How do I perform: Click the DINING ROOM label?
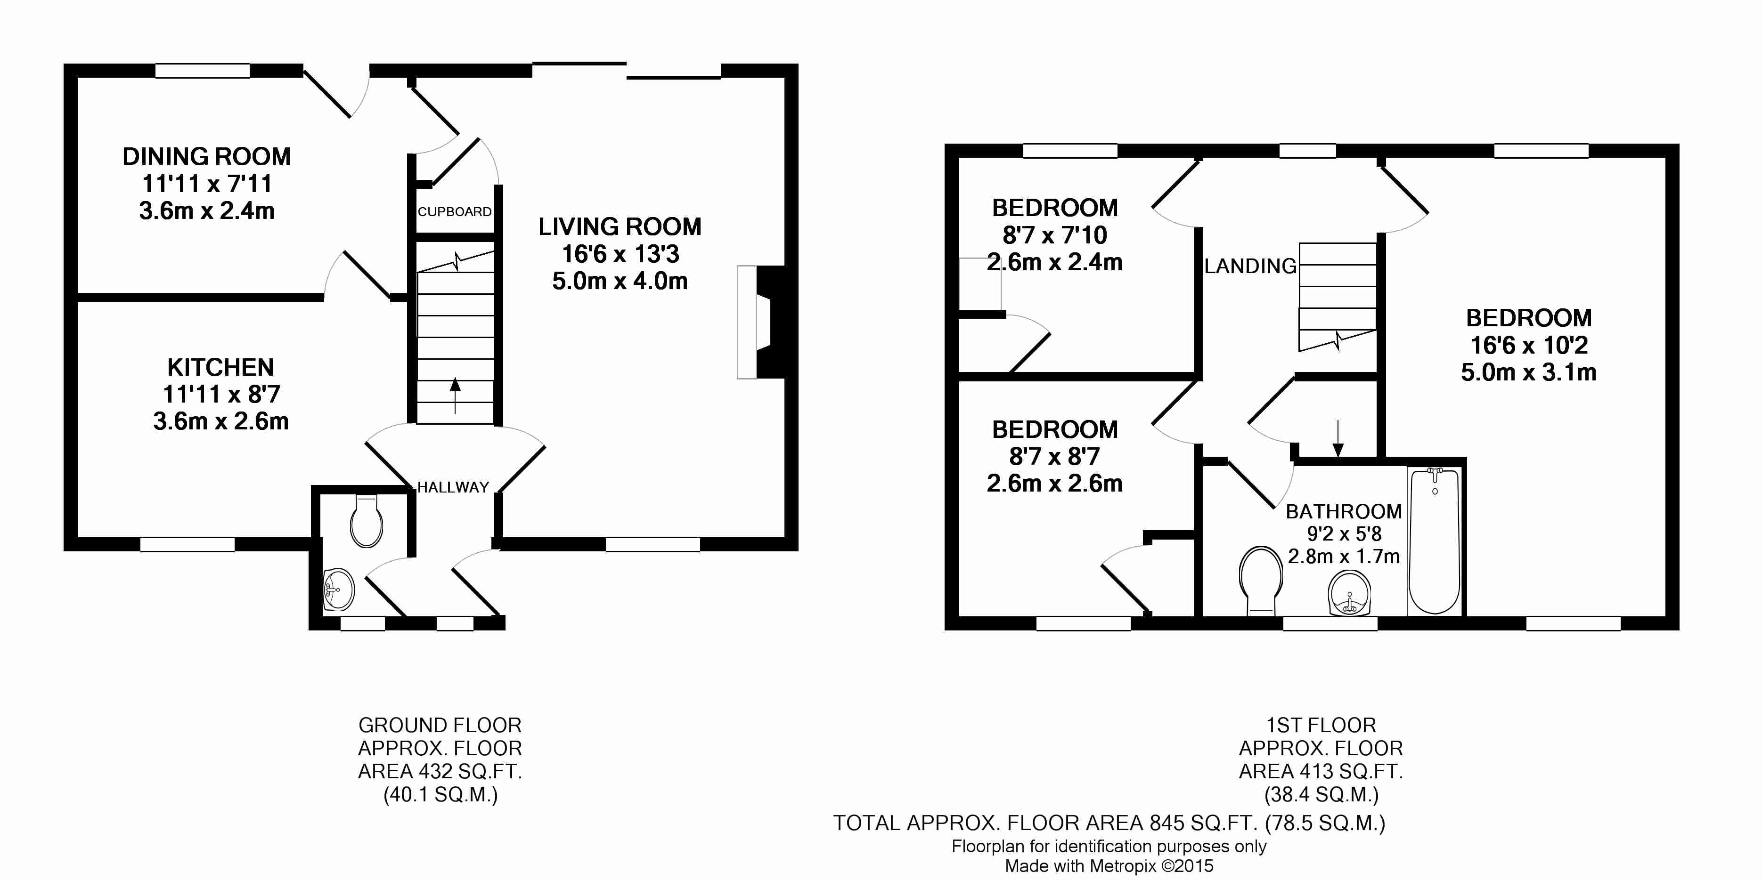(206, 157)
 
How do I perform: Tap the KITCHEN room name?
(220, 367)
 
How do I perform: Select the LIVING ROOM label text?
(620, 226)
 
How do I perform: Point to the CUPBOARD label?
(455, 212)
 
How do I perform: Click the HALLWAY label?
(453, 487)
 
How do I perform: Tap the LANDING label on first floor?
(1250, 266)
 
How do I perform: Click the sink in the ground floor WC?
(339, 589)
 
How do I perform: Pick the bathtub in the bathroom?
(1435, 540)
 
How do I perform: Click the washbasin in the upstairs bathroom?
(1350, 593)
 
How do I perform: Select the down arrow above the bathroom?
(1338, 438)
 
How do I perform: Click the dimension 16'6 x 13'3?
(620, 254)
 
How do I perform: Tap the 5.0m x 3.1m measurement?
(1529, 372)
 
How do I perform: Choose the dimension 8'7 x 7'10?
(1055, 235)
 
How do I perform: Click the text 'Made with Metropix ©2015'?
(1109, 866)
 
